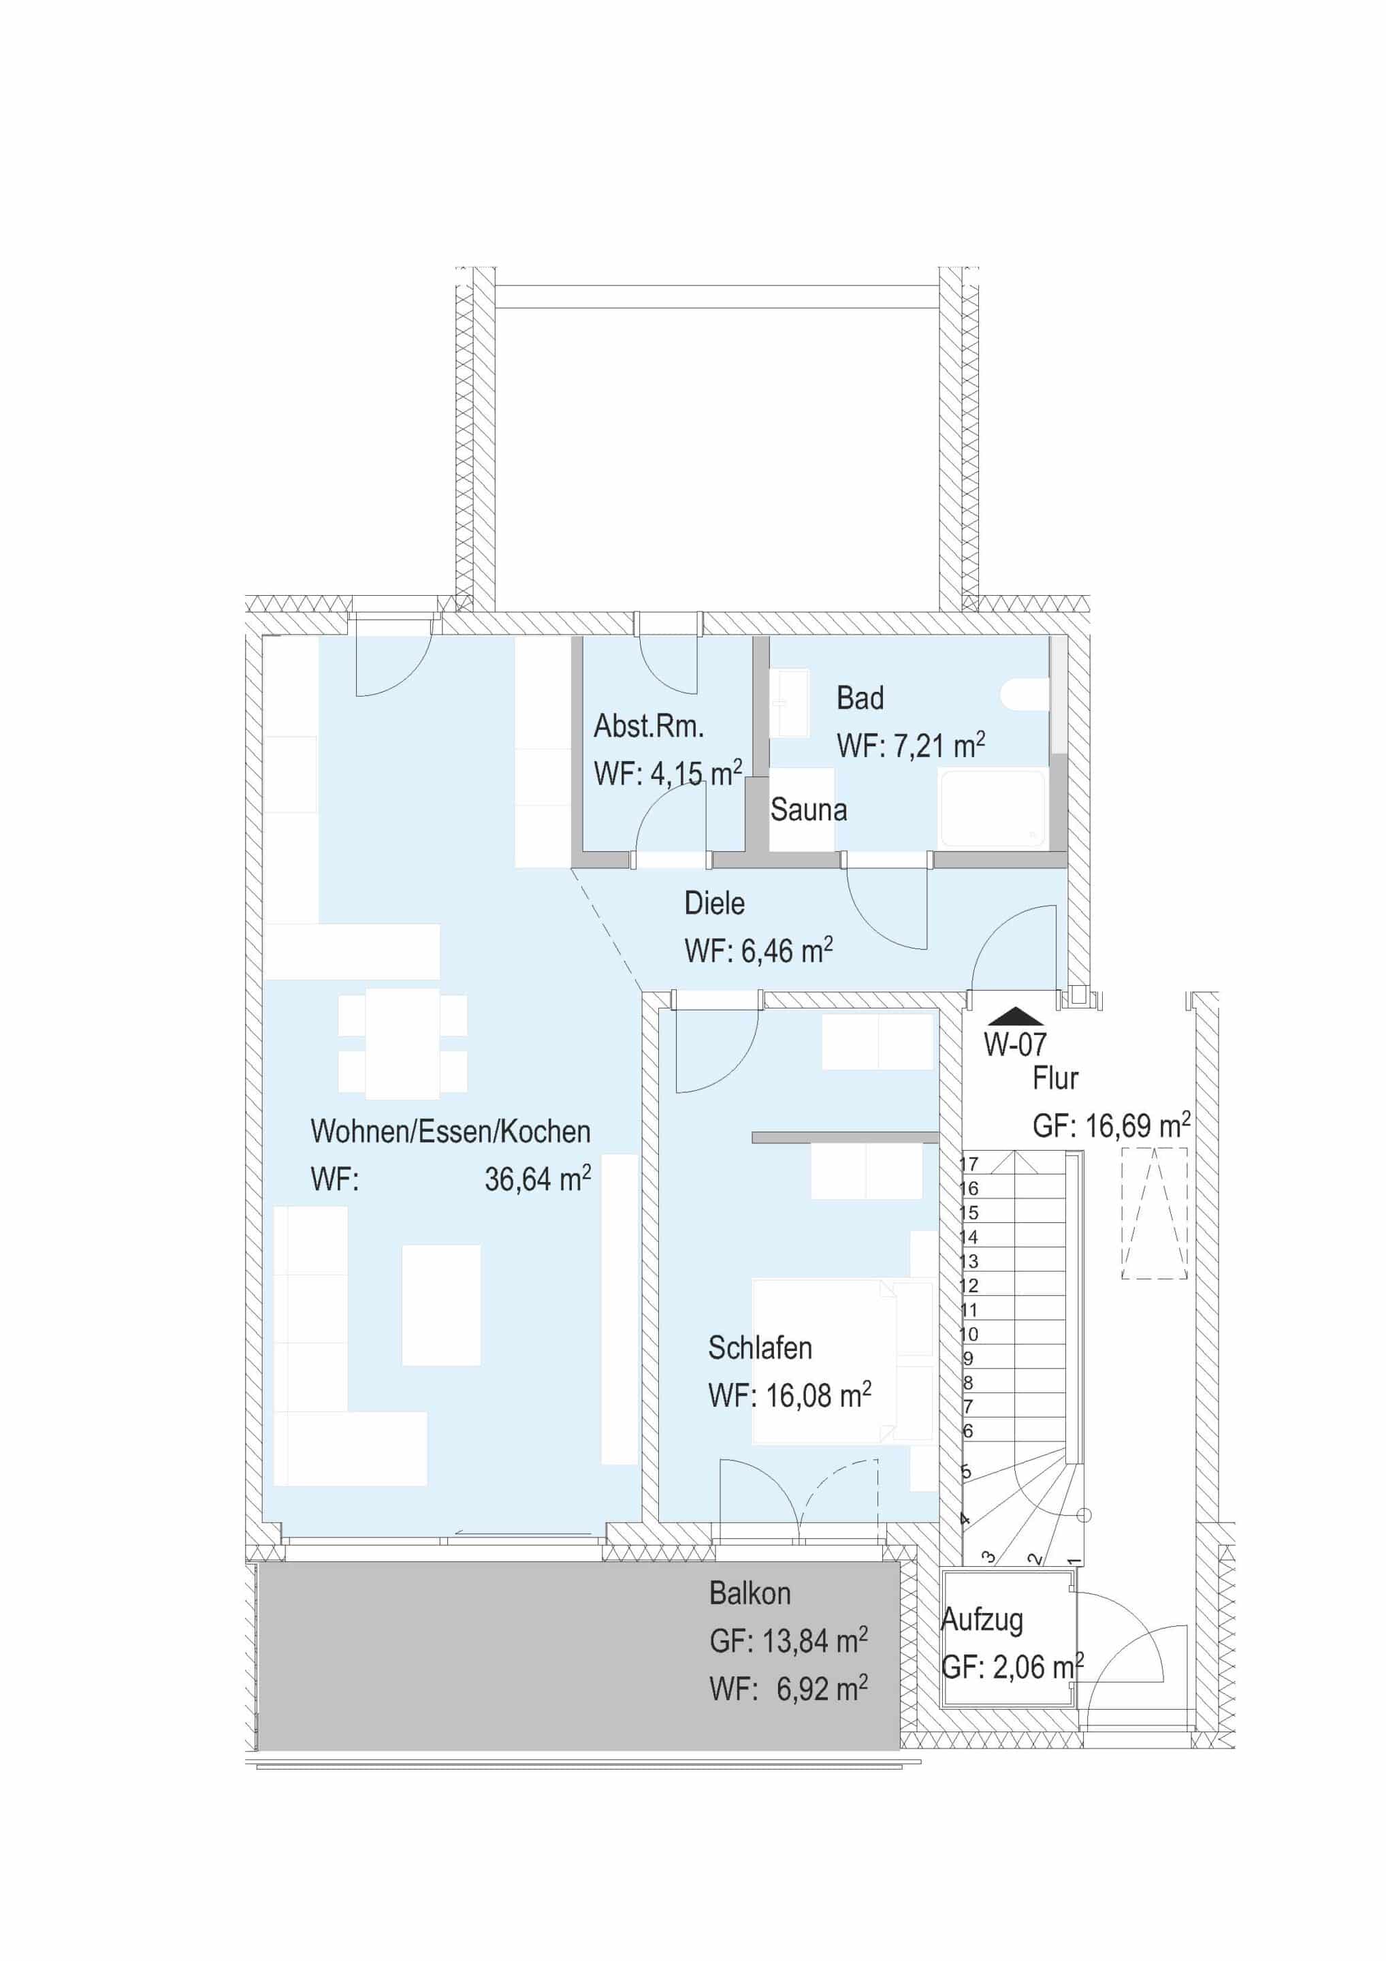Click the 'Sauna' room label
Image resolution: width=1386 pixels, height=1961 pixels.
click(x=808, y=810)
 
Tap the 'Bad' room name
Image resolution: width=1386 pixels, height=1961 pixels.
click(x=860, y=698)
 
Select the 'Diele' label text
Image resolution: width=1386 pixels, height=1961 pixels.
click(x=714, y=904)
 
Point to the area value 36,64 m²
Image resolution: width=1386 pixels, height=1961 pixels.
click(x=537, y=1179)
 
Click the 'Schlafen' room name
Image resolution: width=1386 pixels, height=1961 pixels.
click(x=759, y=1348)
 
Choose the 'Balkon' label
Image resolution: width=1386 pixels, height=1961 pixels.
click(x=750, y=1593)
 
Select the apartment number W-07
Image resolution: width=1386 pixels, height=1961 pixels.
click(x=1014, y=1045)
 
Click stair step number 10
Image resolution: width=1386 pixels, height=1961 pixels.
click(x=969, y=1334)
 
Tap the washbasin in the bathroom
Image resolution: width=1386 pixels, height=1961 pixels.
click(x=789, y=702)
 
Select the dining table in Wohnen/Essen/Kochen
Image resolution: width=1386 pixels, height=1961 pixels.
click(x=403, y=1043)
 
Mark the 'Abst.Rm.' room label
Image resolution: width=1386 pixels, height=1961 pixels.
click(x=649, y=726)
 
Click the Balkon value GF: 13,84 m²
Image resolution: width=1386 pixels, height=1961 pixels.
click(x=788, y=1641)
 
